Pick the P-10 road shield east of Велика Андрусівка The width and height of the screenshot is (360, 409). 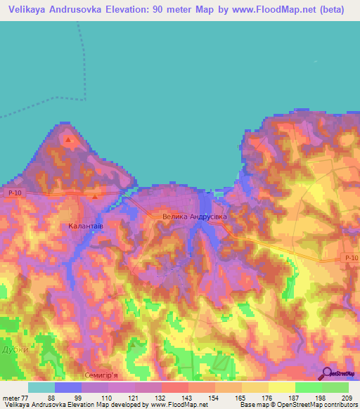click(x=352, y=259)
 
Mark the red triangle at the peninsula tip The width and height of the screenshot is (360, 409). click(x=68, y=140)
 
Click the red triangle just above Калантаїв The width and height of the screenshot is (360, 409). click(x=95, y=196)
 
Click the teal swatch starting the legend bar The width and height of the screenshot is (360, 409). click(x=41, y=387)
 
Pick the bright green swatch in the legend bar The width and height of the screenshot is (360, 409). click(x=308, y=387)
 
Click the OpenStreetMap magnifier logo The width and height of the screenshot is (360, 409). click(x=327, y=373)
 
